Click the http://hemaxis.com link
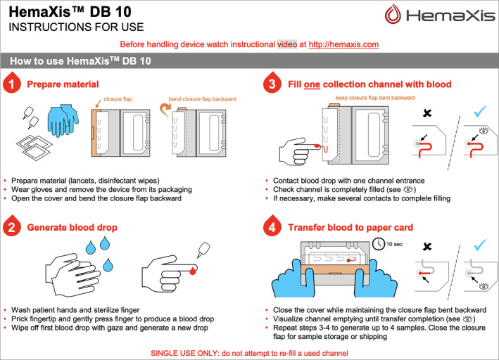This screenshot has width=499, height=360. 343,44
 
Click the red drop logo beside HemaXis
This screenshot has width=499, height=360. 393,14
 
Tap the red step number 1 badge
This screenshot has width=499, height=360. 12,83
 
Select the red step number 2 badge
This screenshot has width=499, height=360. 12,226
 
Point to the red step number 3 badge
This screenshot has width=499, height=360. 272,83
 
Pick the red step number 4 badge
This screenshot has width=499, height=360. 272,226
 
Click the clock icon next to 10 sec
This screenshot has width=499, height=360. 379,244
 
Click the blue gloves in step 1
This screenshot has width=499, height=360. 63,120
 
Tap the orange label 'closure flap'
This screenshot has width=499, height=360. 118,99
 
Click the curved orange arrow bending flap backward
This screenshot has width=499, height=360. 165,110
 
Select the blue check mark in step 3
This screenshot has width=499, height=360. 479,111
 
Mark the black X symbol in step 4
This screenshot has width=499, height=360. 427,246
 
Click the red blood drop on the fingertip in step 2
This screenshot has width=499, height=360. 193,271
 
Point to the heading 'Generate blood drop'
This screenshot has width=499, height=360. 72,227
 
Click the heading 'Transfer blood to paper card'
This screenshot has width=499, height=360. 350,227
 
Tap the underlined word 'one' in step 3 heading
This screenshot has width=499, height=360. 312,84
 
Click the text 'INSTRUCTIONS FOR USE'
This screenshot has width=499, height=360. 77,27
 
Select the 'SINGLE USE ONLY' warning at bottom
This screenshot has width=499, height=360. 249,353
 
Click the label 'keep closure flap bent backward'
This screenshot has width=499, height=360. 375,98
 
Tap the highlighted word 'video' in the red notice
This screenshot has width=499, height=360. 287,44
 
